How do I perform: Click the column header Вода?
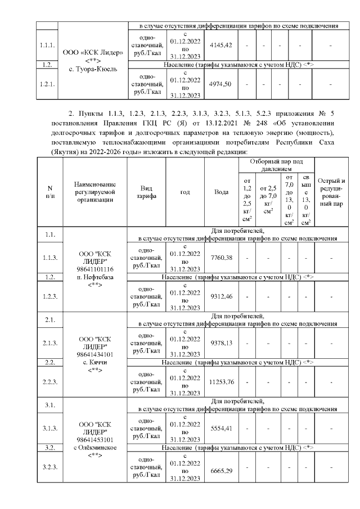[222, 192]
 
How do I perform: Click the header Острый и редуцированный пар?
[331, 192]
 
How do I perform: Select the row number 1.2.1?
[47, 84]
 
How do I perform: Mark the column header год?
[185, 192]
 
